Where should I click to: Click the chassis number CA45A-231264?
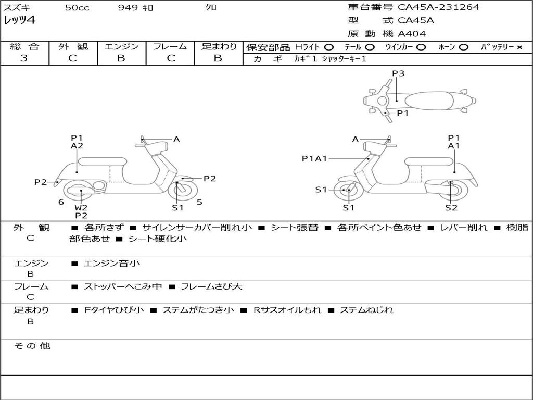(x=439, y=7)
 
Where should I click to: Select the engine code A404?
(x=412, y=34)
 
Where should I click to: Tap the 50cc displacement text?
(x=77, y=8)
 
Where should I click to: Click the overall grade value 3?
(x=24, y=58)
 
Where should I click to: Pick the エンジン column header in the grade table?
(x=121, y=46)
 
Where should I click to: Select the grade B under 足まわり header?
(x=218, y=58)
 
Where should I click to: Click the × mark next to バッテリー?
(x=519, y=47)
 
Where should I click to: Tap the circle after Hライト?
(x=329, y=47)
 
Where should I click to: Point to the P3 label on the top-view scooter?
(x=398, y=73)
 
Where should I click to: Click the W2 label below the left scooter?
(x=81, y=207)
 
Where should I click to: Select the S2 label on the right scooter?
(x=451, y=208)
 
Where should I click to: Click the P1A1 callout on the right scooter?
(x=314, y=159)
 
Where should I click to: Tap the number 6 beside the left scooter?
(x=61, y=202)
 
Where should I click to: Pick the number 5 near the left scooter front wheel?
(x=199, y=202)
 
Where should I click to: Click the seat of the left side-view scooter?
(x=103, y=161)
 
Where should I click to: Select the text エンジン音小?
(x=112, y=264)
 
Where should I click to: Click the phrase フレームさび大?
(x=211, y=286)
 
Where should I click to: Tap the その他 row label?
(x=32, y=346)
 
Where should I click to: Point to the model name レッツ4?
(x=19, y=21)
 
